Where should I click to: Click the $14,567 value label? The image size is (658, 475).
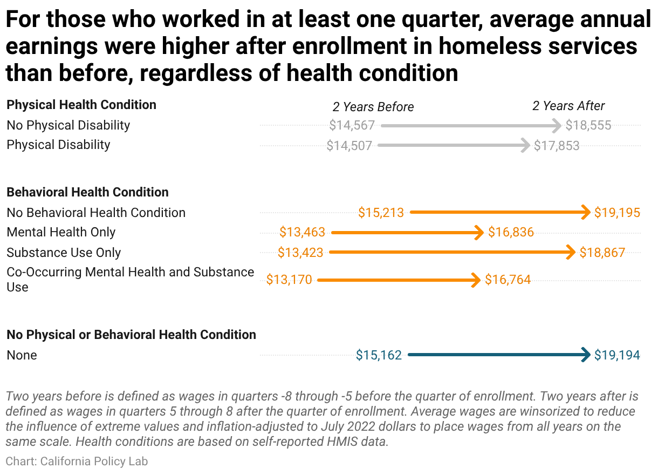pos(352,126)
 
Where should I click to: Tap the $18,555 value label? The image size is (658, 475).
pos(588,126)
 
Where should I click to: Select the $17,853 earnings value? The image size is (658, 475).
pos(557,146)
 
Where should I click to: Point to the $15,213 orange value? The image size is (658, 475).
pos(381,213)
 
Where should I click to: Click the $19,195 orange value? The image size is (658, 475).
pos(617,213)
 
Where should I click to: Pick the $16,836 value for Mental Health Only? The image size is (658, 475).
pos(511,232)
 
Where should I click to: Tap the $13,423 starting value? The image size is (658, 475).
pos(300,253)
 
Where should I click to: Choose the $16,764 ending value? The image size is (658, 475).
pos(508,280)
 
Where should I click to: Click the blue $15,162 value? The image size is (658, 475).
pos(379,355)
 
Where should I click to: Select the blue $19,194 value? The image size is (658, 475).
pos(617,355)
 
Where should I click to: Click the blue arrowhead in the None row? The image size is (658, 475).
pos(586,355)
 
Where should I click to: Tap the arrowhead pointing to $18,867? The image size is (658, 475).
pos(571,252)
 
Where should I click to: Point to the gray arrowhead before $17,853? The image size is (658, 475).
pos(525,145)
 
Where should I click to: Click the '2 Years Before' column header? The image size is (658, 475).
pos(373,107)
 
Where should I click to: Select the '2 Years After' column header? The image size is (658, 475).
pos(568,106)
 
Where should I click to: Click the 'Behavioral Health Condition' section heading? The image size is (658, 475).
pos(87,192)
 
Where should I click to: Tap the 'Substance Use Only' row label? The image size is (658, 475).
pos(64,253)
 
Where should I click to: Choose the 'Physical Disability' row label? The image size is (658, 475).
pos(58,145)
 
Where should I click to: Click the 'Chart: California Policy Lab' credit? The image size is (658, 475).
pos(77,462)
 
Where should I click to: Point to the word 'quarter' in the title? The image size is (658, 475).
pos(442,19)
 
